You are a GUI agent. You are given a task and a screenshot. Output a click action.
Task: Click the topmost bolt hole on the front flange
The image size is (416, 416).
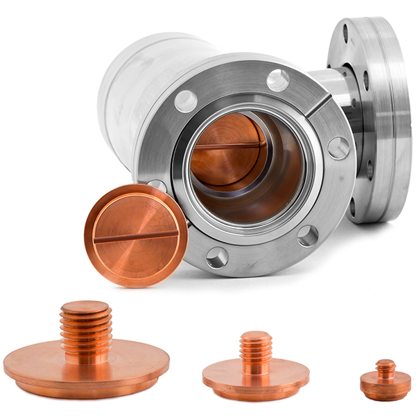(278, 80)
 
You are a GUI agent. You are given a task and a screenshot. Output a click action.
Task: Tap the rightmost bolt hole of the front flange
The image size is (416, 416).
(338, 148)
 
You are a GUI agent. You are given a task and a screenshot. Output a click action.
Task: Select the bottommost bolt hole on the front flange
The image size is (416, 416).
(217, 258)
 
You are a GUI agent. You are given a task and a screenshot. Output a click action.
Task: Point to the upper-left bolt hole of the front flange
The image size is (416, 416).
(186, 101)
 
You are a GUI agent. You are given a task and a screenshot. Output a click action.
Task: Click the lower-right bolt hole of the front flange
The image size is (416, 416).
(308, 236)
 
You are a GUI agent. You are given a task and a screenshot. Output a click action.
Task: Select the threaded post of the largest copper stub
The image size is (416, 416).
(85, 329)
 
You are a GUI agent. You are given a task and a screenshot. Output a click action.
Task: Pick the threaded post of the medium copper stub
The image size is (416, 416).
(256, 352)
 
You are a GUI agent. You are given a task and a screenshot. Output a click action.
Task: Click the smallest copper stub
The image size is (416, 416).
(385, 381)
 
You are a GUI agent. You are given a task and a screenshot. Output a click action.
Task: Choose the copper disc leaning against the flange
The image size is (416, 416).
(136, 236)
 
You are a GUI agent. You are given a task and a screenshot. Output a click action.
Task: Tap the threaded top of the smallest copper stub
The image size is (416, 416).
(385, 366)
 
